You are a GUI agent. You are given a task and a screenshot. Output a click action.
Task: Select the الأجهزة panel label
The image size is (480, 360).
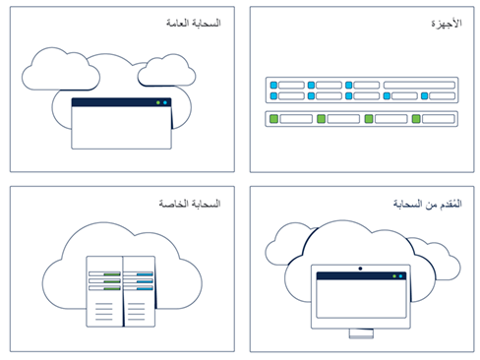(448, 21)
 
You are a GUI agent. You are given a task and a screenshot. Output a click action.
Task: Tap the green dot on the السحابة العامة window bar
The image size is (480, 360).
(157, 102)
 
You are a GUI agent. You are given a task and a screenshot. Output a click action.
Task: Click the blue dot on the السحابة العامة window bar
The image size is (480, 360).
(165, 102)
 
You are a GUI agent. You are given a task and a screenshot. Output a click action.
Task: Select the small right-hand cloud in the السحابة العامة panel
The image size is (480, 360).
(165, 71)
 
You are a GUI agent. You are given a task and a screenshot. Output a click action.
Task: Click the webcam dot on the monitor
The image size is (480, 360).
(361, 269)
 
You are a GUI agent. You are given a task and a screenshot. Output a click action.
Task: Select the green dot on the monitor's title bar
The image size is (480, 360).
(394, 277)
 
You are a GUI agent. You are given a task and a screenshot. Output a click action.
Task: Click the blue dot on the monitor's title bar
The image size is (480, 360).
(402, 277)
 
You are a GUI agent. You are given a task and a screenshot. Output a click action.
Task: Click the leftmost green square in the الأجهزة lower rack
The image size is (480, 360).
(276, 119)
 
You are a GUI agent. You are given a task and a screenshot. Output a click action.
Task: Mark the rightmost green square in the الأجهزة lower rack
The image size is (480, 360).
(416, 119)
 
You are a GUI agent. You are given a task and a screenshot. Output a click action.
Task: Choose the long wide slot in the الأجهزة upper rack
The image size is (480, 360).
(419, 85)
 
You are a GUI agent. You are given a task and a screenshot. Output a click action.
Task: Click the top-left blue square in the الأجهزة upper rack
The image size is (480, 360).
(273, 85)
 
